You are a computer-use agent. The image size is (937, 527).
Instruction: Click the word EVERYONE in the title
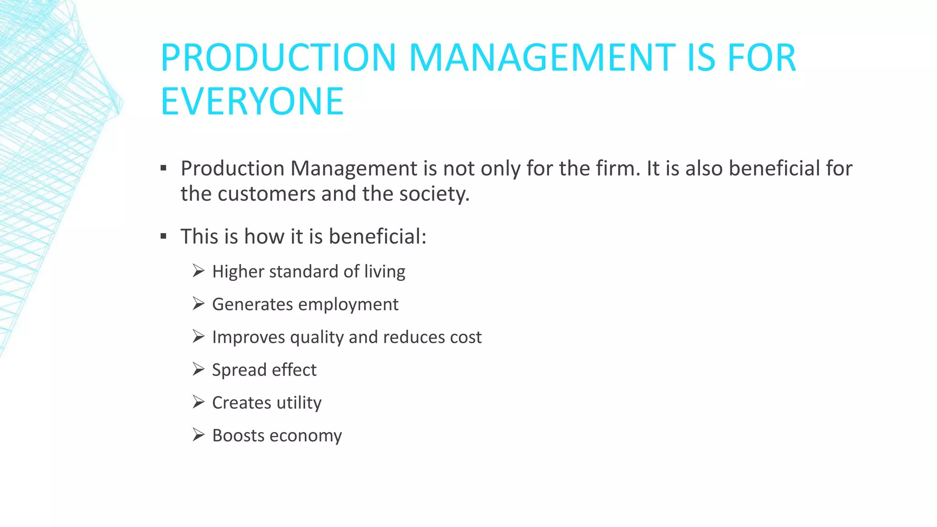click(x=252, y=101)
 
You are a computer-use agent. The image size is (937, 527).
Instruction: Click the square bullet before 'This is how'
click(x=164, y=237)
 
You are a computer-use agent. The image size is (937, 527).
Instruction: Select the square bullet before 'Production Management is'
click(x=164, y=168)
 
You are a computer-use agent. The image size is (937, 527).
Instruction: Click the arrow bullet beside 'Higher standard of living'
click(x=198, y=271)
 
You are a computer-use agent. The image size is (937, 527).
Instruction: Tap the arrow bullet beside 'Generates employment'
click(x=198, y=304)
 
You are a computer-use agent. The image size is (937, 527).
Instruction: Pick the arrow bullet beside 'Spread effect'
click(x=198, y=369)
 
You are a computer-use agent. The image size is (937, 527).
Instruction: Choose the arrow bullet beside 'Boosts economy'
click(x=198, y=435)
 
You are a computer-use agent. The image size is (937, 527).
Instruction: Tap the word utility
click(x=299, y=403)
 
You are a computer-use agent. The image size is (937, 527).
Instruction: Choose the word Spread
click(x=239, y=370)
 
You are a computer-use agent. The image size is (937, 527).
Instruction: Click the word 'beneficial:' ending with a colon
click(x=377, y=237)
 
